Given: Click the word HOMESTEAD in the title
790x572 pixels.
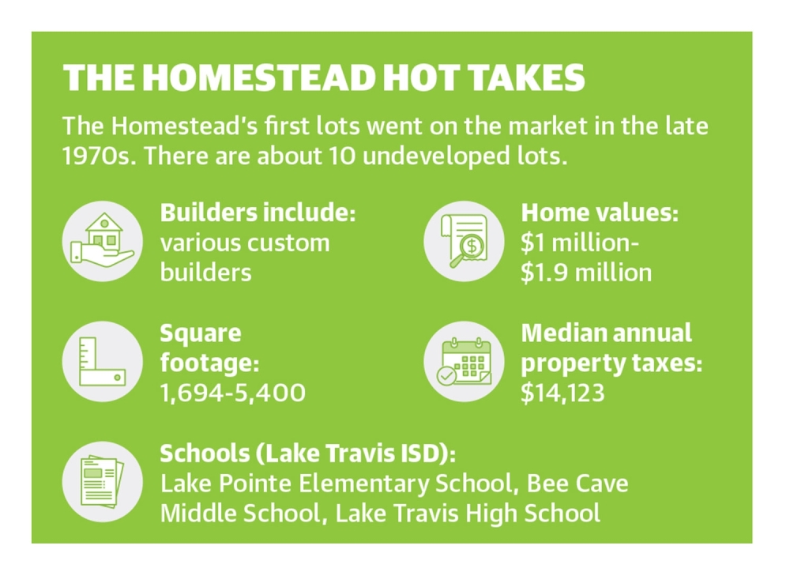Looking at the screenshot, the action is [259, 78].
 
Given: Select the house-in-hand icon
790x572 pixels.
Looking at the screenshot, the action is [102, 242].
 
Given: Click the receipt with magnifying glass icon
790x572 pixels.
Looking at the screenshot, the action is [464, 242].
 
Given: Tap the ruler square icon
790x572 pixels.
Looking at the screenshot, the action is [102, 362].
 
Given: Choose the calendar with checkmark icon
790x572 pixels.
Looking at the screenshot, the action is [464, 362].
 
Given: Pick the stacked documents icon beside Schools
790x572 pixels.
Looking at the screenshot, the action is [102, 482].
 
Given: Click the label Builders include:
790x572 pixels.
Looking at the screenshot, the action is [258, 213].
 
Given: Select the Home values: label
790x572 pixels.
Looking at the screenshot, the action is [600, 213].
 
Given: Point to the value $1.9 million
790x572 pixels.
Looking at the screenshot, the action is [586, 273].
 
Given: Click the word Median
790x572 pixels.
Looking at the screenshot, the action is [558, 333].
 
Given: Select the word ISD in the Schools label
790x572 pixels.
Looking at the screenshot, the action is [423, 453].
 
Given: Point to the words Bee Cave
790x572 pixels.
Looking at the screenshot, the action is [577, 484].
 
